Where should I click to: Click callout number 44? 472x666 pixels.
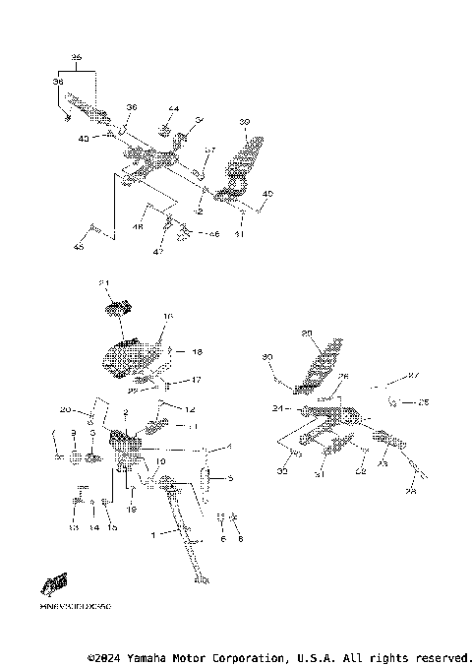point(174,108)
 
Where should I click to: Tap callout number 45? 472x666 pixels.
point(79,246)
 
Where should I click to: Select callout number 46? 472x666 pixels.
point(215,235)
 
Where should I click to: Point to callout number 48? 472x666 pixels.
point(139,227)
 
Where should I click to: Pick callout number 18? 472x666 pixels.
point(197,351)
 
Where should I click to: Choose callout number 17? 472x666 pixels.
point(196,379)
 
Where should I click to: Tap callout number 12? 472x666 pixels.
point(192,408)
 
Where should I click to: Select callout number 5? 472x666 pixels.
point(230,480)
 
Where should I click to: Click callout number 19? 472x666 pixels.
point(131,510)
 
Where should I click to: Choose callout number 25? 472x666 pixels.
point(424,401)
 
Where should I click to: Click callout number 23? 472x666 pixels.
point(383,464)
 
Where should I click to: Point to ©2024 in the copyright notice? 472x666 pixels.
point(103,657)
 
